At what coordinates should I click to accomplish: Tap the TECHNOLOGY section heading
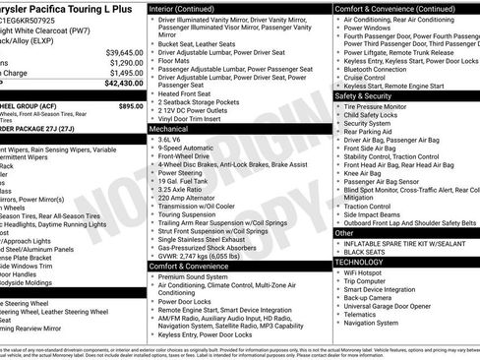pos(361,263)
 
